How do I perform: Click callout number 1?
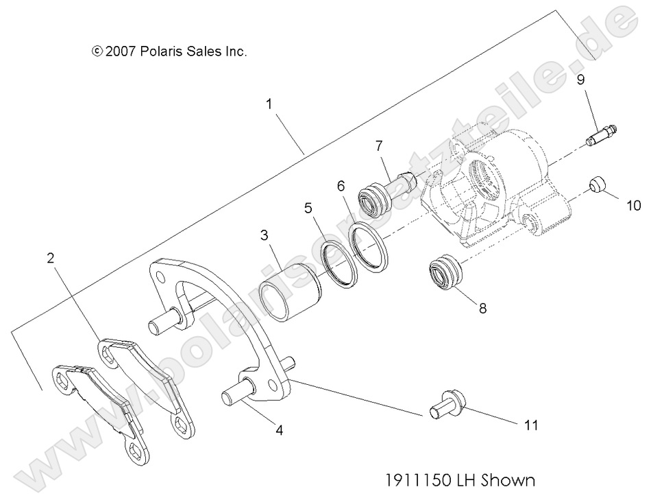[x=269, y=104]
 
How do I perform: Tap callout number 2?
[x=50, y=259]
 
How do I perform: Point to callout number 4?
[x=279, y=431]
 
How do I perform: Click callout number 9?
[x=580, y=80]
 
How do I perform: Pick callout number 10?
[x=631, y=205]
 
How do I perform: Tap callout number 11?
[x=530, y=426]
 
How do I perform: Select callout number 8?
[x=482, y=309]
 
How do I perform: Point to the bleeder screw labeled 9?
[x=600, y=135]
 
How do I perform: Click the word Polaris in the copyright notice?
[x=164, y=51]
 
